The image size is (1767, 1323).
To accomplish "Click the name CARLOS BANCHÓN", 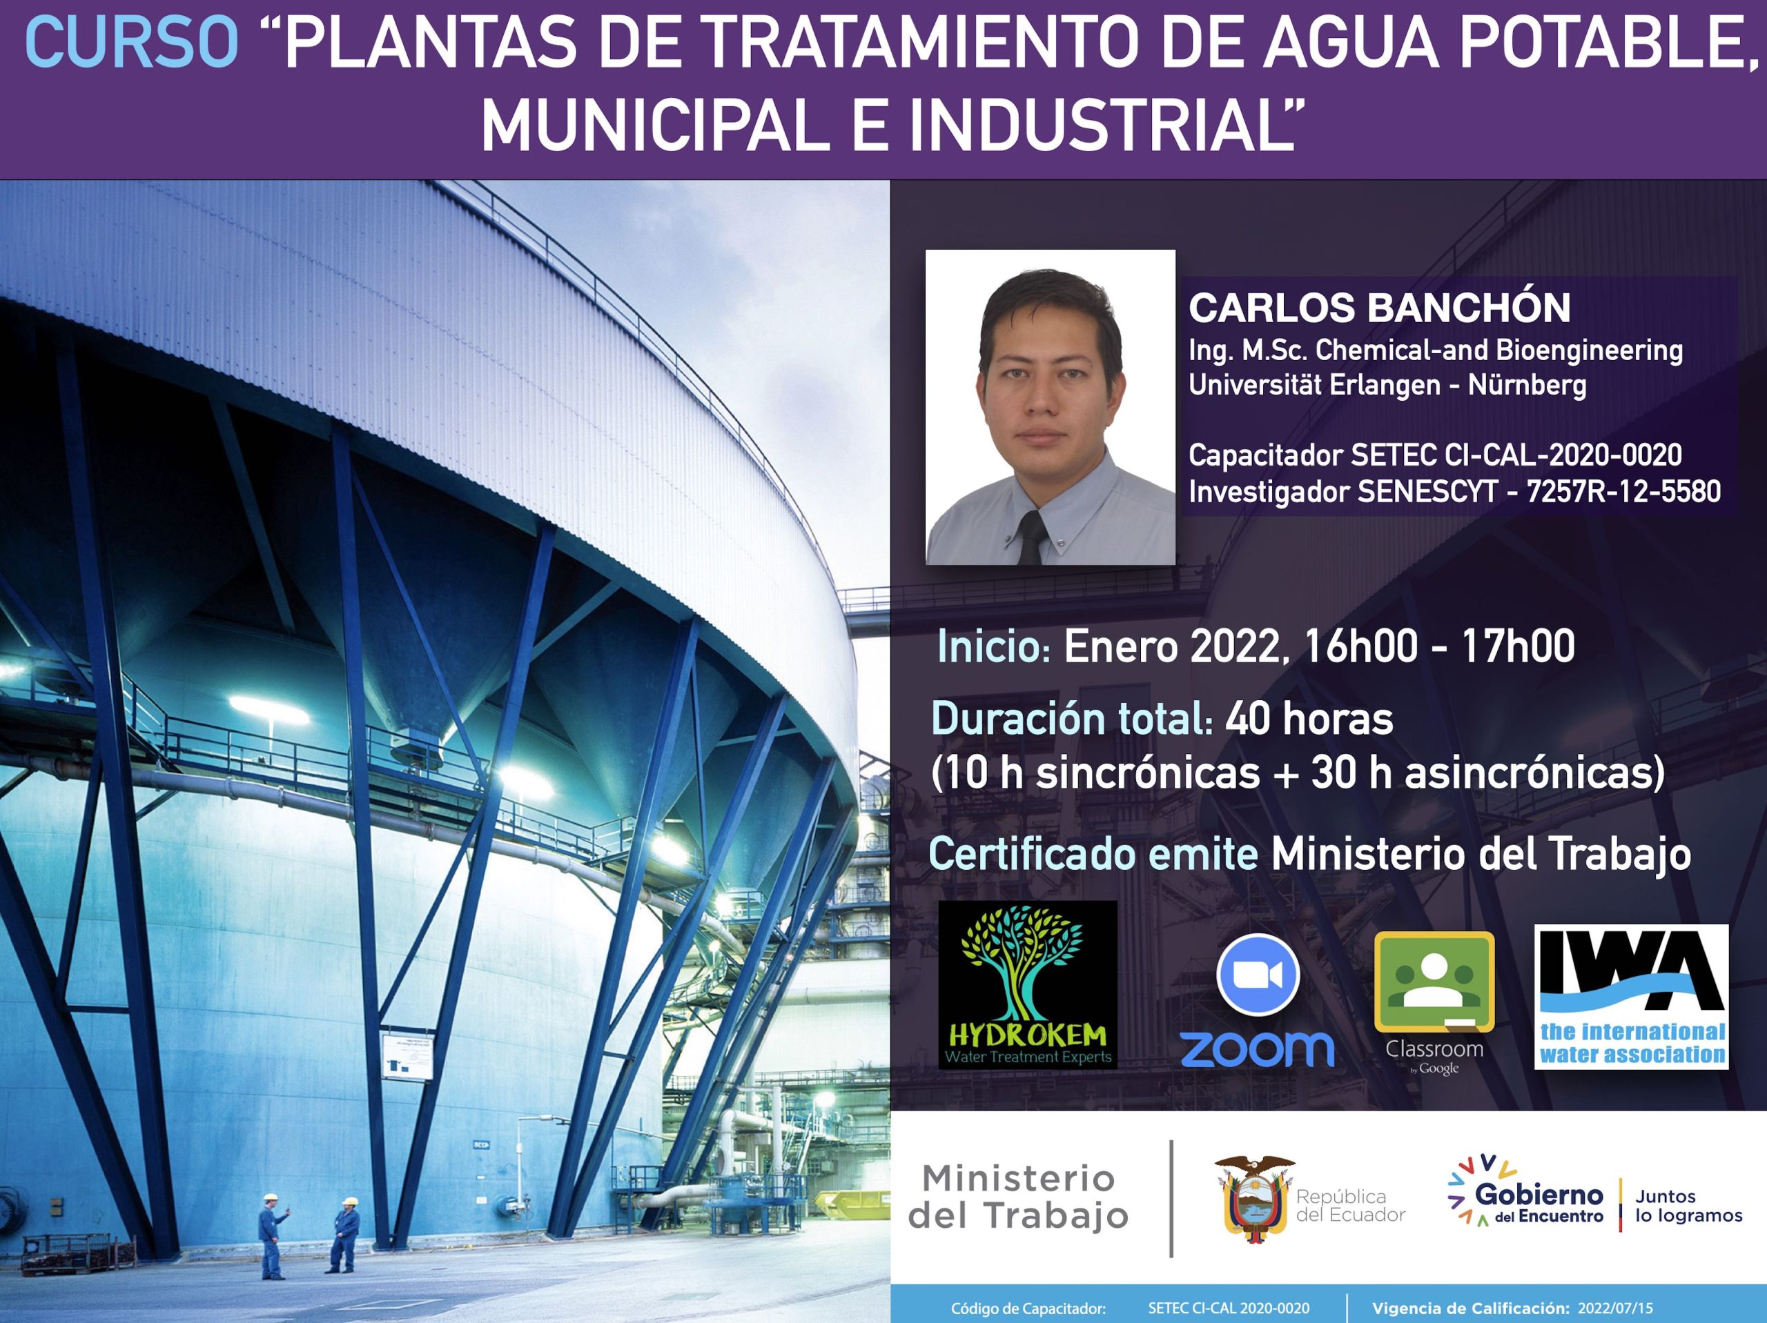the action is (1380, 308).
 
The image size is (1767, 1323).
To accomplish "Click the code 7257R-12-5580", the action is (1623, 491).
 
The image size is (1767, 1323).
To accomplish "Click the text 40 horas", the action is (1309, 719).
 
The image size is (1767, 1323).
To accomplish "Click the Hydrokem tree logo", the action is (1027, 984).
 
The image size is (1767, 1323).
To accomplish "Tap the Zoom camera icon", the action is (1258, 974).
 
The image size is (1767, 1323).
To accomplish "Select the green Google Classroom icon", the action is (1434, 982).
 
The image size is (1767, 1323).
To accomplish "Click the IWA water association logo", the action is (1631, 997).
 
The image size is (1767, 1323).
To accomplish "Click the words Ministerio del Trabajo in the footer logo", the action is (1019, 1197).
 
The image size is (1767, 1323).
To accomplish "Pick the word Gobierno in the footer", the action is (1539, 1195).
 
